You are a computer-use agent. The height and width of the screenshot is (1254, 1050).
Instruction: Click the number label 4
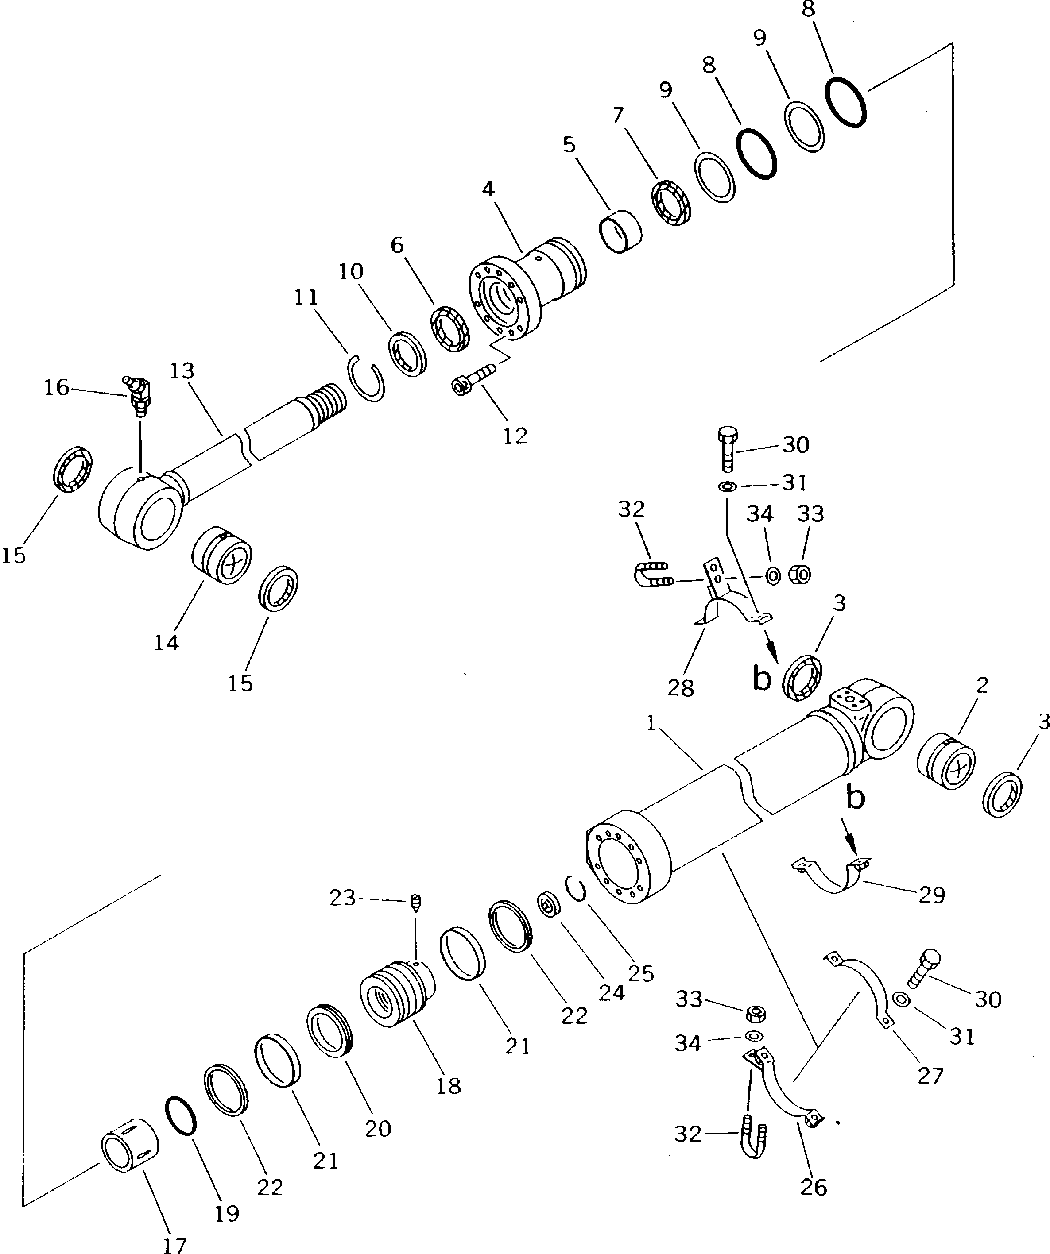tap(488, 189)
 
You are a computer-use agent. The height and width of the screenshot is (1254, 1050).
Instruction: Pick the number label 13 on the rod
tap(182, 371)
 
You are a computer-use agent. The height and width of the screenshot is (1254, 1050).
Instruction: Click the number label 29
tap(932, 911)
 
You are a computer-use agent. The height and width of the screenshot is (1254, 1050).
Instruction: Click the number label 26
tap(813, 1187)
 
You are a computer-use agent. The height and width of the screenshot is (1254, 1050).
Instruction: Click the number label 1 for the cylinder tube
tap(651, 724)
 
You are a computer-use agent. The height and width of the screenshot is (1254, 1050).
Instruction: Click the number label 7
tap(618, 115)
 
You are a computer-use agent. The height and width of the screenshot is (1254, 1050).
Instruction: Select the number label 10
tap(351, 272)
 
